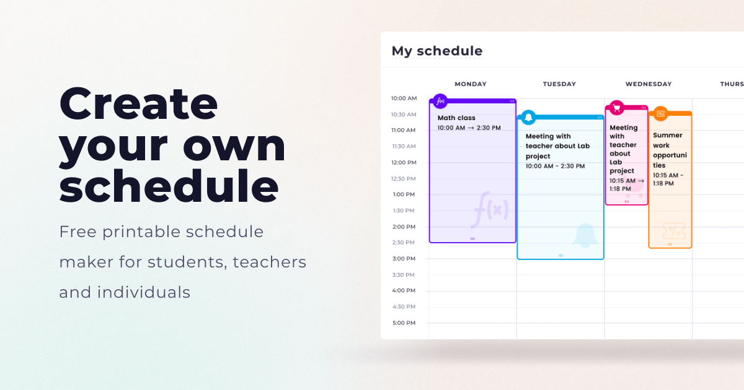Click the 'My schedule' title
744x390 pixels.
click(x=436, y=51)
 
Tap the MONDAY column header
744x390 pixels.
click(x=471, y=84)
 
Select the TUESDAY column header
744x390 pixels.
click(x=559, y=84)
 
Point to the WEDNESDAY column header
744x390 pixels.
click(x=649, y=84)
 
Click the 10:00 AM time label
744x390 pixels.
click(x=404, y=98)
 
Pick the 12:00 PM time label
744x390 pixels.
click(x=404, y=162)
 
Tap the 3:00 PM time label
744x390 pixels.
click(x=404, y=259)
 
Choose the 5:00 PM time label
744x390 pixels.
click(x=404, y=323)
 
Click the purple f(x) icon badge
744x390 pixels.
click(x=440, y=101)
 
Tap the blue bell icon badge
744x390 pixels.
click(x=528, y=117)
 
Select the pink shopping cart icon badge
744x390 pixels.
click(x=617, y=108)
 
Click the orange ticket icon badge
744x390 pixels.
click(x=661, y=114)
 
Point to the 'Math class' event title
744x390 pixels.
click(x=456, y=118)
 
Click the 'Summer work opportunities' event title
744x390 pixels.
click(x=670, y=150)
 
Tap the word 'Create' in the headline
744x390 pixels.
click(x=138, y=103)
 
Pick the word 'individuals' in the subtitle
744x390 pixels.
click(x=143, y=292)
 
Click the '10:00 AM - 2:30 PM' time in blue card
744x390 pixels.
click(x=555, y=166)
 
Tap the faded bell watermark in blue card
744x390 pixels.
click(x=585, y=235)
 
